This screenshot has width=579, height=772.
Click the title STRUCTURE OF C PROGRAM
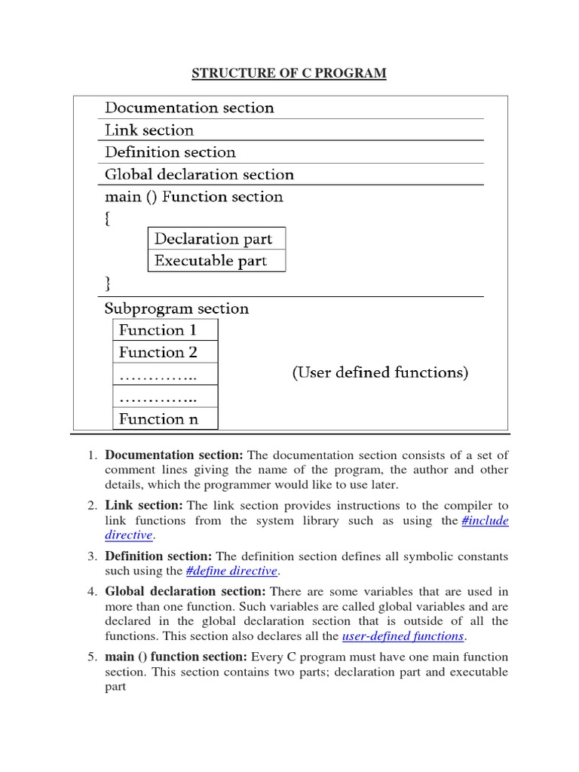tap(289, 73)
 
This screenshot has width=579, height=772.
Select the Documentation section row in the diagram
tap(189, 108)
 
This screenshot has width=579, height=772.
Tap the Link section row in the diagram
tap(149, 130)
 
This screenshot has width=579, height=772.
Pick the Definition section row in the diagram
tap(170, 152)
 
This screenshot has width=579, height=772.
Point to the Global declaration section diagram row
tap(199, 174)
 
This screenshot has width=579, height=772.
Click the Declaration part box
tap(213, 238)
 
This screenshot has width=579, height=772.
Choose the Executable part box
tap(210, 260)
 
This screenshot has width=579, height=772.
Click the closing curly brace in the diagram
tap(109, 283)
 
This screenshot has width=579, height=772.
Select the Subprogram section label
tap(176, 308)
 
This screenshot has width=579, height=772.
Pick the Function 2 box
tap(158, 352)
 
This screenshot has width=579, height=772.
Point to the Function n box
tap(158, 418)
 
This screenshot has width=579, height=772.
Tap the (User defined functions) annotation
tap(380, 372)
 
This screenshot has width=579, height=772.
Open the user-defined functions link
tap(403, 636)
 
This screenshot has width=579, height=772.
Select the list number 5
tap(91, 657)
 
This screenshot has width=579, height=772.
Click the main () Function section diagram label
tap(194, 197)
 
